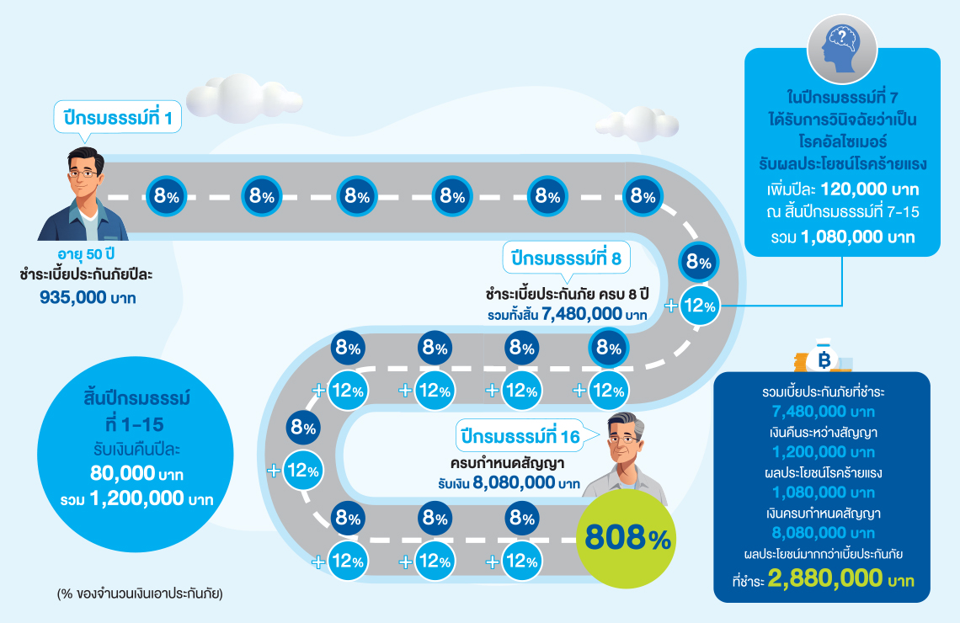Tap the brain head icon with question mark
click(842, 48)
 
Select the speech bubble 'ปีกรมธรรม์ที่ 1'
click(118, 117)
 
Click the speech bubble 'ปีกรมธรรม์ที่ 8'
click(567, 258)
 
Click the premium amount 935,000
click(73, 297)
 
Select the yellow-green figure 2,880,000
click(824, 578)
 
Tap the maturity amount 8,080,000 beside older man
click(514, 482)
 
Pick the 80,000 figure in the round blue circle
click(122, 473)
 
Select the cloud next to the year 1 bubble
click(243, 97)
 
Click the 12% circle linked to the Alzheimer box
click(699, 306)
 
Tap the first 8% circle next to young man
click(166, 196)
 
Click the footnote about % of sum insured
click(140, 594)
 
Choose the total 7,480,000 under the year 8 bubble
click(582, 314)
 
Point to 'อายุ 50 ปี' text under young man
click(86, 254)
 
